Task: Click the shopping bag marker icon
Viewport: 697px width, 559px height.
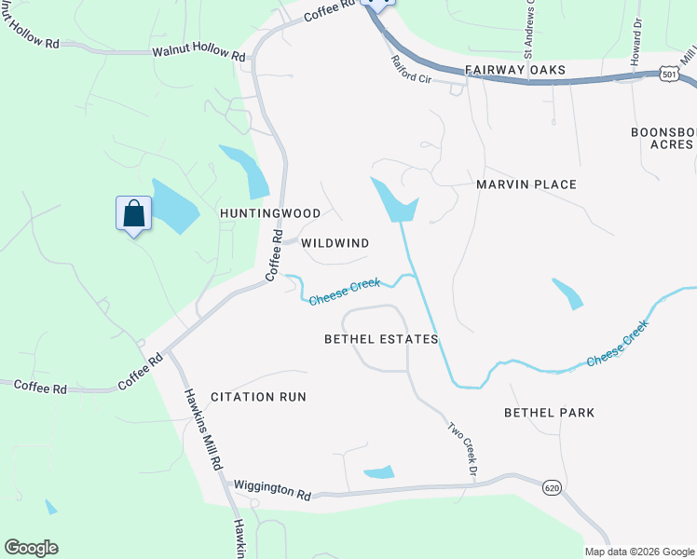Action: coord(134,213)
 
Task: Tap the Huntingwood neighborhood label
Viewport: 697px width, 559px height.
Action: coord(270,213)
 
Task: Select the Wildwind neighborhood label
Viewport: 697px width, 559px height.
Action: coord(335,243)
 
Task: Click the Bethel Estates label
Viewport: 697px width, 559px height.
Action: coord(381,339)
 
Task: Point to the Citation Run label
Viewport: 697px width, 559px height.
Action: coord(258,397)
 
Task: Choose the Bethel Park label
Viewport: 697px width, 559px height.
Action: coord(549,412)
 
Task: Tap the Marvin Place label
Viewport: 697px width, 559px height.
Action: coord(526,184)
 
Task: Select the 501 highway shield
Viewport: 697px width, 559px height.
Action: coord(668,73)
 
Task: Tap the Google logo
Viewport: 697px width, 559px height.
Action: coord(31,548)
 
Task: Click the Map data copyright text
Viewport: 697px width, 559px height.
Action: coord(639,551)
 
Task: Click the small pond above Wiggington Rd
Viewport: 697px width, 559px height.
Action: coord(378,472)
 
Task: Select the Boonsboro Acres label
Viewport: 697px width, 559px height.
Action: coord(663,138)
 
